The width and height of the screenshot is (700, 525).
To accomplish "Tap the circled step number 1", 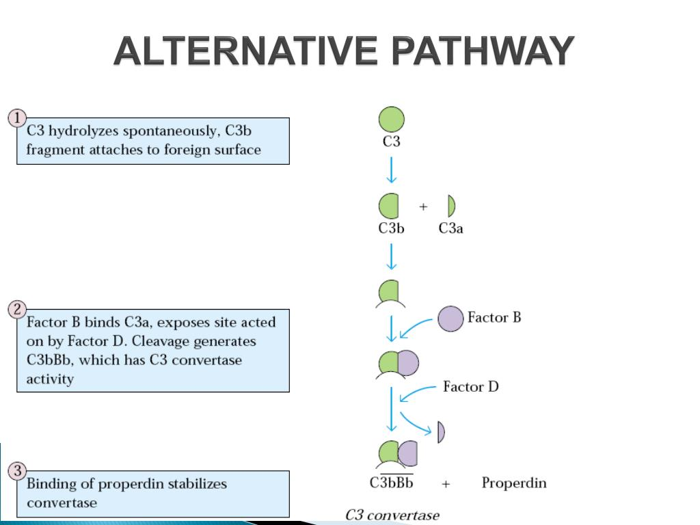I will coord(17,118).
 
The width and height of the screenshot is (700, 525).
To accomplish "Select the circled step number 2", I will coord(17,310).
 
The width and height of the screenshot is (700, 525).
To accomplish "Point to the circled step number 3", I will coord(18,471).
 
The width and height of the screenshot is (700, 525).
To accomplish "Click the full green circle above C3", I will coord(392,120).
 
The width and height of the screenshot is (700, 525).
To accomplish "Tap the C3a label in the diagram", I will coord(450,229).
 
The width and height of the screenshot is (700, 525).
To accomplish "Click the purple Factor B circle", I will coord(450,319).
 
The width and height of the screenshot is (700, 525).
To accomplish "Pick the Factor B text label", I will coord(494,317).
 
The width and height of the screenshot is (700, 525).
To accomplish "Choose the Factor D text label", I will coord(471,387).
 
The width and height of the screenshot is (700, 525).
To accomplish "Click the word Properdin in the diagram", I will coord(514,483).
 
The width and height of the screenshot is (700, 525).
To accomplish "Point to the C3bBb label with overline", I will coord(392,483).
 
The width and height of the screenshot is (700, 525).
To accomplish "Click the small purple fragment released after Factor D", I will coord(441,432).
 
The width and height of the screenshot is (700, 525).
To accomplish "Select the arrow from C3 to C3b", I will coord(391,170).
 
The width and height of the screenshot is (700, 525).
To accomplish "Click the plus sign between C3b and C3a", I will coord(423,206).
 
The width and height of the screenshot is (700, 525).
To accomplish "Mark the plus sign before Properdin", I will coord(446,484).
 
